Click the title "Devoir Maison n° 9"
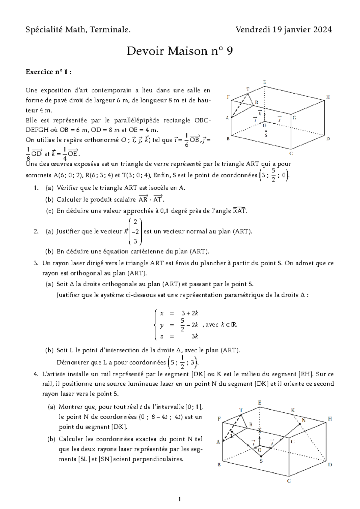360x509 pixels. click(179, 51)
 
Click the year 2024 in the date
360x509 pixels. click(322, 29)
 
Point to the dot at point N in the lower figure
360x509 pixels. click(299, 423)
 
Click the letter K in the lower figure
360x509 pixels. click(293, 410)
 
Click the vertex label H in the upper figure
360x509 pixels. click(328, 97)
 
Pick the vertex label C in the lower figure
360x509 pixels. click(289, 481)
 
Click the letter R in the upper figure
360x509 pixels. click(256, 102)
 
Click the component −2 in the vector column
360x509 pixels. click(135, 232)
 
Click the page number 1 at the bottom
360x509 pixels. click(179, 499)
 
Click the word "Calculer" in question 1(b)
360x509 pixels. click(68, 200)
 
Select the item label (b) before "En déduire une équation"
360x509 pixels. click(49, 251)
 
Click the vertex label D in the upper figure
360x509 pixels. click(328, 139)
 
